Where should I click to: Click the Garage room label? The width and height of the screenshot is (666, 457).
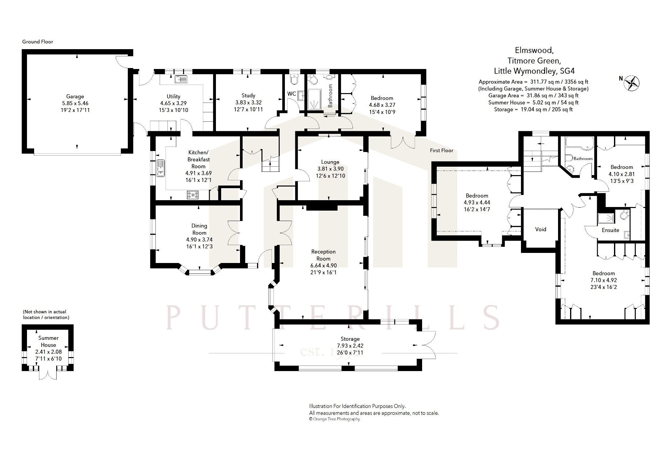pyautogui.click(x=75, y=96)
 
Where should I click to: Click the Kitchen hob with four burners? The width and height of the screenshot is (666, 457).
pyautogui.click(x=193, y=195)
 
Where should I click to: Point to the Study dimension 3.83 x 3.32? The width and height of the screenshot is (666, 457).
pyautogui.click(x=248, y=103)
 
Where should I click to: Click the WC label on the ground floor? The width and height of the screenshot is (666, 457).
pyautogui.click(x=291, y=94)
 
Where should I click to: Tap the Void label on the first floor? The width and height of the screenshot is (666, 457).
pyautogui.click(x=540, y=229)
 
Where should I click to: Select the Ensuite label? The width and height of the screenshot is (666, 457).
pyautogui.click(x=610, y=230)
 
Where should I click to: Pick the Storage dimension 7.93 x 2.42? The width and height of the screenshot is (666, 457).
pyautogui.click(x=350, y=346)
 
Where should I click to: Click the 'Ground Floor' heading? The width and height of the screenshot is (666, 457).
pyautogui.click(x=37, y=42)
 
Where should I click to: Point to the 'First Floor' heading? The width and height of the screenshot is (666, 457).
pyautogui.click(x=442, y=150)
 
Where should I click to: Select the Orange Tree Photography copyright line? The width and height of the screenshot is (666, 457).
pyautogui.click(x=334, y=419)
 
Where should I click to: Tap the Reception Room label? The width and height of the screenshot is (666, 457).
pyautogui.click(x=323, y=255)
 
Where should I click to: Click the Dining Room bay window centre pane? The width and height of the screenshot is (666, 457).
pyautogui.click(x=200, y=272)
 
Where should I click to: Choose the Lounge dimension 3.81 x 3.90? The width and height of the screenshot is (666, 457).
pyautogui.click(x=330, y=169)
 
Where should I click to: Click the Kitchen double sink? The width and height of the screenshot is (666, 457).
pyautogui.click(x=161, y=168)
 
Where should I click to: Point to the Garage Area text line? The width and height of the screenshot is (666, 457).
pyautogui.click(x=533, y=96)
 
